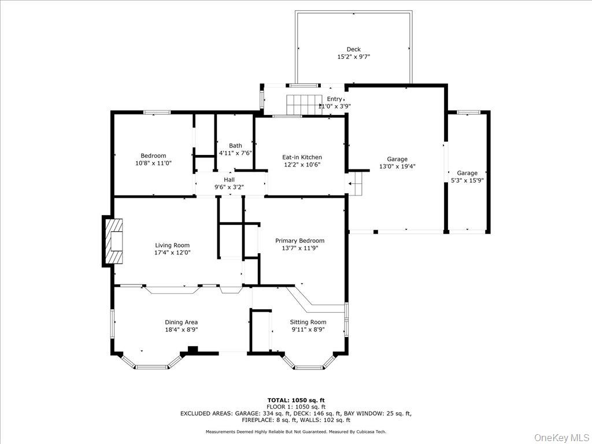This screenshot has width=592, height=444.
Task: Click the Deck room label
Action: point(353,50)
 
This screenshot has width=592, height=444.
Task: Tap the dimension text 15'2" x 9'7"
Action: point(353,57)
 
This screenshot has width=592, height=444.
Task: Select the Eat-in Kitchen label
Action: point(302,157)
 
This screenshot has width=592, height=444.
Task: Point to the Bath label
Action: point(235,146)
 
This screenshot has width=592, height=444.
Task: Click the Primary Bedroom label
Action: point(299,240)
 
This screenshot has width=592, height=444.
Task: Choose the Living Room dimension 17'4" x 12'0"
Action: point(172,253)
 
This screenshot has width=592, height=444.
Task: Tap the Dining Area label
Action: point(182,322)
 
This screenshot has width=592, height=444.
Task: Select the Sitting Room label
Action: point(308,322)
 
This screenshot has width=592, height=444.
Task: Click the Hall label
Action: point(230,180)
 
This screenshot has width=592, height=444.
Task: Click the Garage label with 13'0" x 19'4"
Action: point(397,159)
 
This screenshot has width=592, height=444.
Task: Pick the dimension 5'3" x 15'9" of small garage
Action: point(467,180)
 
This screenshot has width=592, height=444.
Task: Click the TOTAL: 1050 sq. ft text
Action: point(295,400)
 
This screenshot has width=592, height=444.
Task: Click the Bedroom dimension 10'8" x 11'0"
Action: point(153,163)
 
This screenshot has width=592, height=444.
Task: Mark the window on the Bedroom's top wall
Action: point(157,112)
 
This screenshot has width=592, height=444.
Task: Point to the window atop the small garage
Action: point(468,112)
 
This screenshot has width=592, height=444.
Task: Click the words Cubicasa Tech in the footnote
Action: point(371,432)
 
